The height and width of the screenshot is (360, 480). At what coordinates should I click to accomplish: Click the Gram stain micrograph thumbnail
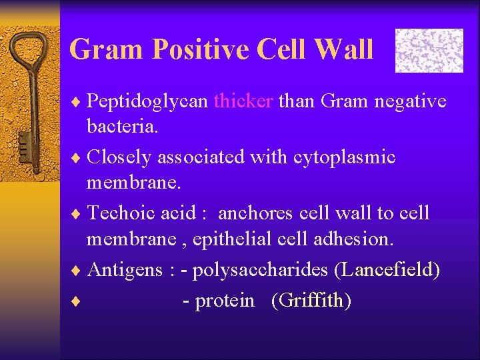[x=429, y=50]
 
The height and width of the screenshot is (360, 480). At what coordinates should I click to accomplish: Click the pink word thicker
[x=243, y=101]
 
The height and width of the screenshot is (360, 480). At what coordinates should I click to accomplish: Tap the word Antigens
[x=125, y=269]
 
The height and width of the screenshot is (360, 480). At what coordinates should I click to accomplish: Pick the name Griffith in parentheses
[x=311, y=301]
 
